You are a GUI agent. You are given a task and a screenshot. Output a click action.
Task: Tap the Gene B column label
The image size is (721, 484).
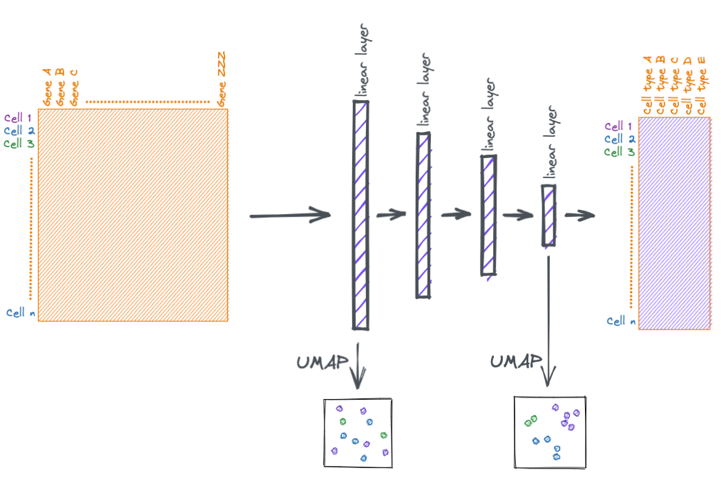pyautogui.click(x=60, y=86)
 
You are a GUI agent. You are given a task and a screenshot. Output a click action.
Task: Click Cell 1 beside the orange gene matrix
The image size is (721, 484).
pyautogui.click(x=18, y=118)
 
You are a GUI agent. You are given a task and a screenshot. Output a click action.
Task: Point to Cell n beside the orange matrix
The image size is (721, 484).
pyautogui.click(x=21, y=313)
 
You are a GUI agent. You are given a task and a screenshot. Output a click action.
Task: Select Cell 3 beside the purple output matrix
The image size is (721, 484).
pyautogui.click(x=619, y=152)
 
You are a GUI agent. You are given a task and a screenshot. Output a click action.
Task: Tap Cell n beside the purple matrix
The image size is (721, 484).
pyautogui.click(x=621, y=321)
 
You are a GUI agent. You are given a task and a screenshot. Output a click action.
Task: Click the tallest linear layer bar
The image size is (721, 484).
pyautogui.click(x=360, y=215)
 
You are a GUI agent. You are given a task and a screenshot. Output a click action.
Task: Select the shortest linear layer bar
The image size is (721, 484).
pyautogui.click(x=548, y=215)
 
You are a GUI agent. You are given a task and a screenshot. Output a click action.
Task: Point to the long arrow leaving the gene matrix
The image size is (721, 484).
pyautogui.click(x=290, y=215)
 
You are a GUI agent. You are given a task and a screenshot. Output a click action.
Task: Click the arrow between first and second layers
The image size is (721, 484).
pyautogui.click(x=391, y=215)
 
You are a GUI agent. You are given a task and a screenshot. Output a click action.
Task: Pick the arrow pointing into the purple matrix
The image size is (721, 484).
pyautogui.click(x=579, y=215)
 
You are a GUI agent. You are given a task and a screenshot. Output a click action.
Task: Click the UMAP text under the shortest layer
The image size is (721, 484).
pyautogui.click(x=515, y=361)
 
